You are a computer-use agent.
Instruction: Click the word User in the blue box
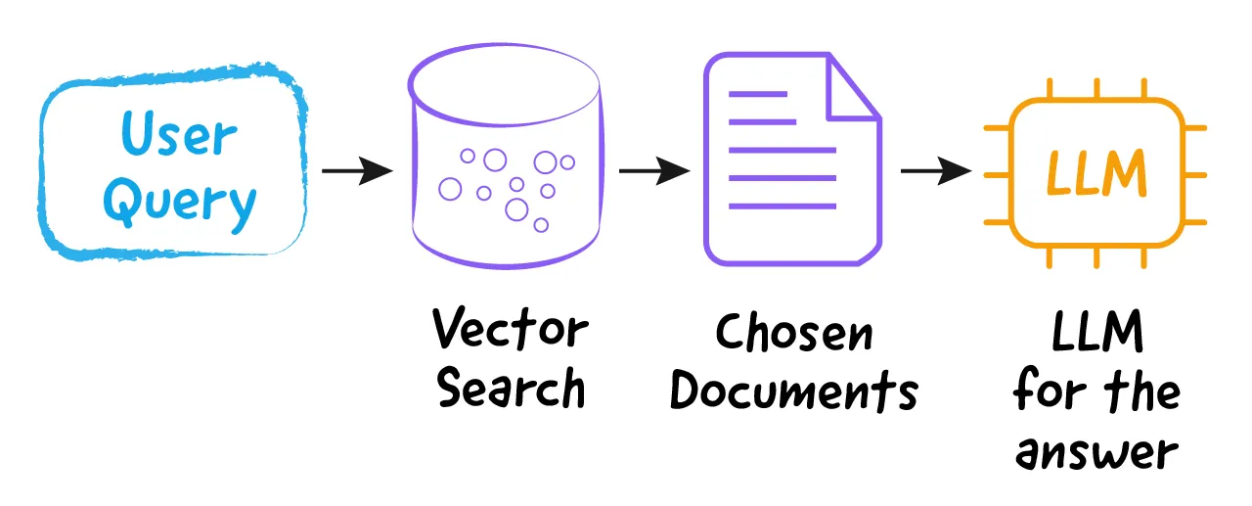(x=179, y=133)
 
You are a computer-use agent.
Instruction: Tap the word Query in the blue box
(x=180, y=203)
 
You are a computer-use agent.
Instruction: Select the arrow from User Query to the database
(x=357, y=170)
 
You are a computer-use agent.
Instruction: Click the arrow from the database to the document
(x=654, y=170)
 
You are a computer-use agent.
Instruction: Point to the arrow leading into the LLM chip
(x=936, y=170)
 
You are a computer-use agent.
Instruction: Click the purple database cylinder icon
(x=506, y=157)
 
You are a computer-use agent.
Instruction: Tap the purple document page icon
(x=792, y=159)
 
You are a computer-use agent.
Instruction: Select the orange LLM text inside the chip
(x=1096, y=173)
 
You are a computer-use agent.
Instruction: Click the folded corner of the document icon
(x=854, y=89)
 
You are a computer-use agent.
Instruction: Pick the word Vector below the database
(x=510, y=328)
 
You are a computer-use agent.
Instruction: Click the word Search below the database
(x=511, y=388)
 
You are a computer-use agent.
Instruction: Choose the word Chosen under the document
(x=793, y=332)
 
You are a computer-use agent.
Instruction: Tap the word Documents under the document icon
(x=793, y=391)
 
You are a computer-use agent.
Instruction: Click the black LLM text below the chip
(x=1097, y=331)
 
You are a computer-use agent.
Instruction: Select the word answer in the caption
(x=1096, y=453)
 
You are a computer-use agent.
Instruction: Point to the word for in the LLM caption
(x=1050, y=390)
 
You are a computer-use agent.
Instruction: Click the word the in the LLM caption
(x=1141, y=390)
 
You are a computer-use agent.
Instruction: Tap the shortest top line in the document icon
(x=758, y=94)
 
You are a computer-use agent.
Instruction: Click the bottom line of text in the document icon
(x=782, y=207)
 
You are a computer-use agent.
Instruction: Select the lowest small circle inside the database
(x=541, y=225)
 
